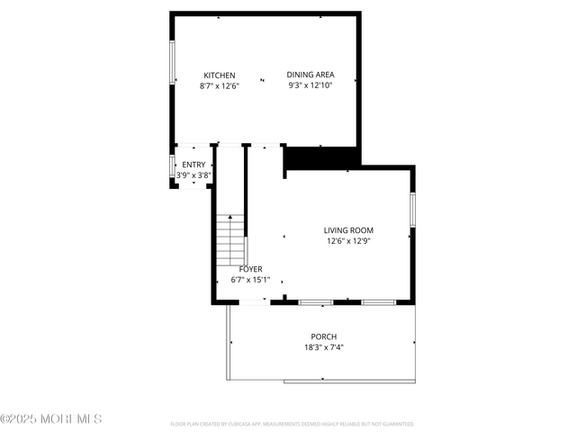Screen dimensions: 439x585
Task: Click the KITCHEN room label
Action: (x=220, y=75)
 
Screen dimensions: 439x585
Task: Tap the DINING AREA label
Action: (x=310, y=75)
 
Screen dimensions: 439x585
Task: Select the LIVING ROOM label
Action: (x=348, y=230)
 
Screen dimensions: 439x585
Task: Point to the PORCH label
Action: (x=324, y=336)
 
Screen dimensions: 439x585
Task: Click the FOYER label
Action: (x=251, y=269)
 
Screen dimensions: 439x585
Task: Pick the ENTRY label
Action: (x=193, y=165)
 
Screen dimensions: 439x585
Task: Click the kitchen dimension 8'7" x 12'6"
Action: (x=220, y=86)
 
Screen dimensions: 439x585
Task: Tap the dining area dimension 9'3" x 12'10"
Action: (x=310, y=86)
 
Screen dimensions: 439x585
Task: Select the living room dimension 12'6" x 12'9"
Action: (x=348, y=241)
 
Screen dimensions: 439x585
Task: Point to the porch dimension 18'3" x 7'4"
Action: (x=324, y=347)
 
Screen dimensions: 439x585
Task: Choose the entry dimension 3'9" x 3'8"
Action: (x=193, y=175)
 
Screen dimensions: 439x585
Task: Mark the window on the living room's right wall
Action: (x=412, y=209)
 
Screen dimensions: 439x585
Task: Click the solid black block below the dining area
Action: (x=320, y=157)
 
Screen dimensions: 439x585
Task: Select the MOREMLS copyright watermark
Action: (x=51, y=419)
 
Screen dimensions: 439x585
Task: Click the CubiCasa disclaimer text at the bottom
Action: (x=292, y=423)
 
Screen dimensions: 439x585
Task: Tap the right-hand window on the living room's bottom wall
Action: (x=378, y=302)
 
